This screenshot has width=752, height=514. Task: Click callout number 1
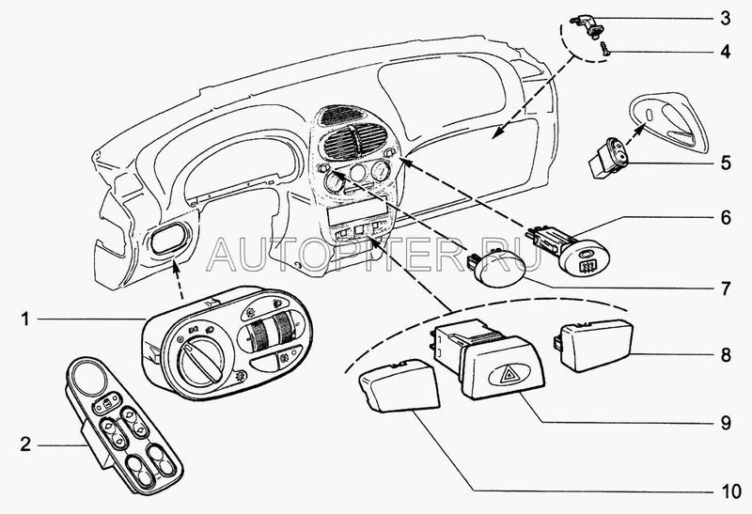pos(25,319)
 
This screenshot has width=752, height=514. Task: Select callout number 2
pos(25,444)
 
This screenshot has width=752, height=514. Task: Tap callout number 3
pos(726,18)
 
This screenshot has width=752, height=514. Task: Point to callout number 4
pos(726,52)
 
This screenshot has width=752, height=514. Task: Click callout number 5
pos(726,163)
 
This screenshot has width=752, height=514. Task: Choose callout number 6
pos(726,218)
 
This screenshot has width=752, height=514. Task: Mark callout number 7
pos(726,288)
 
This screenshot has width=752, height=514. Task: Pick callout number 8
pos(726,355)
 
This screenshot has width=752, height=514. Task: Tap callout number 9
pos(726,423)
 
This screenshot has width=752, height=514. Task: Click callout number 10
pos(731,491)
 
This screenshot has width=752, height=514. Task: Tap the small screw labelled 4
pos(604,49)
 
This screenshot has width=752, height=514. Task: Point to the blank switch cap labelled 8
pos(594,345)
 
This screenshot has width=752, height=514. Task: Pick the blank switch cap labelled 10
pos(400,385)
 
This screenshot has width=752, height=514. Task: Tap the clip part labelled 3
pos(587,26)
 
